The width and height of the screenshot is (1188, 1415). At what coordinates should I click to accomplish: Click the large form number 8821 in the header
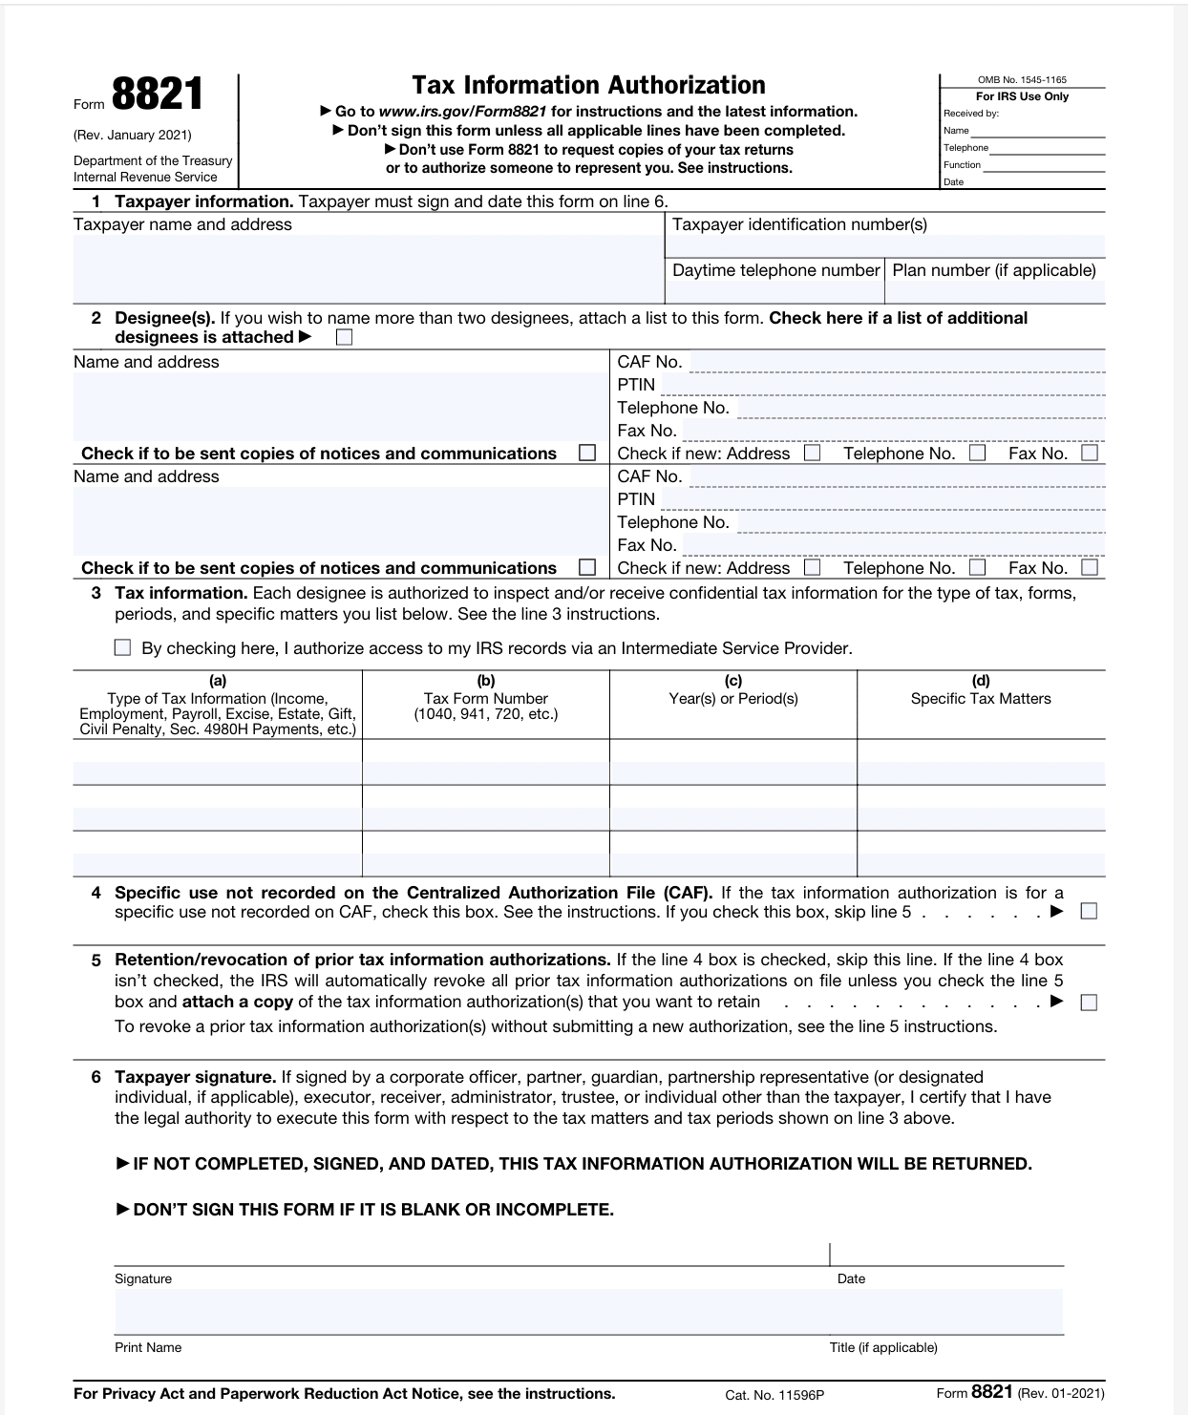(158, 95)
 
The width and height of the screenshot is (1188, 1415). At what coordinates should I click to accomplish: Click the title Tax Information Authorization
(588, 85)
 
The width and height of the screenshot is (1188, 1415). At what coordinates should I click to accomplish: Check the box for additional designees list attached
(344, 338)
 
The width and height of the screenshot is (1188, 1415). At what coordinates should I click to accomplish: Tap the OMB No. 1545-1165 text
(1022, 80)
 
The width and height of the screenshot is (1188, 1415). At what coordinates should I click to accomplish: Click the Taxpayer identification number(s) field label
(799, 224)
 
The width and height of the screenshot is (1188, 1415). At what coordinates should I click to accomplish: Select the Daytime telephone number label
(775, 270)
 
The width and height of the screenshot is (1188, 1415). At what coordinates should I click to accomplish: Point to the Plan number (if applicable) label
(994, 270)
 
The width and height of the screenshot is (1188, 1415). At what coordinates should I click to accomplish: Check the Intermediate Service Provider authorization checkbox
(122, 647)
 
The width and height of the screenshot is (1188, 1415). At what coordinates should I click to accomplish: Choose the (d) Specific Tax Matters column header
(981, 698)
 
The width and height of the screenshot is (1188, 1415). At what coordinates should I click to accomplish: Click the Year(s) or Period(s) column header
(733, 698)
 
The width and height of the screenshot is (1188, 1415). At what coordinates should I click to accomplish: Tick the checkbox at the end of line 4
(1088, 911)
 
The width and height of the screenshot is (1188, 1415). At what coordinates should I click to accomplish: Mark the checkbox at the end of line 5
(1088, 1003)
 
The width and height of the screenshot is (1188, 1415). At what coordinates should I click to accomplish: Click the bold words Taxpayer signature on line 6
(195, 1077)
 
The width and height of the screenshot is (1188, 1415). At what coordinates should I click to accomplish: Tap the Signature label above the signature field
(143, 1278)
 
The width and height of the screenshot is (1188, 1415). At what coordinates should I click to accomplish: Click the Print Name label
(148, 1347)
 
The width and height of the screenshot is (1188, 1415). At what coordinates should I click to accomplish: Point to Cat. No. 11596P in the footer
(774, 1395)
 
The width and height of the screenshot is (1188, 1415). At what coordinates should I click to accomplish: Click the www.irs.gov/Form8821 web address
(462, 112)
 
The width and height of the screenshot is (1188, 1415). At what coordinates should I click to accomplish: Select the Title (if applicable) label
(883, 1347)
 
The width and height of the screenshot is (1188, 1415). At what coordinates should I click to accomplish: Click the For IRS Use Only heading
(1022, 96)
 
